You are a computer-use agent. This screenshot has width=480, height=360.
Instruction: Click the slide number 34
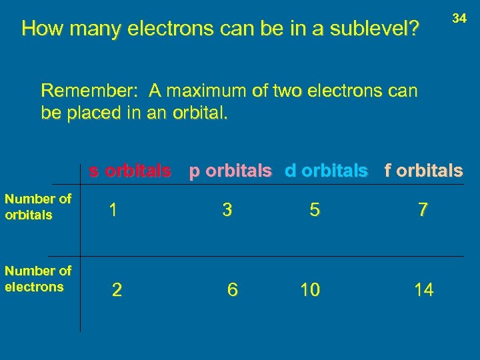click(459, 19)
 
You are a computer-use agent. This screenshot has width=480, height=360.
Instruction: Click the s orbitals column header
click(130, 171)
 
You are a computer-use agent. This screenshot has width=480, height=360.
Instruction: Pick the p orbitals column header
click(230, 171)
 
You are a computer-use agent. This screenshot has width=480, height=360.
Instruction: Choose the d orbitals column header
click(326, 171)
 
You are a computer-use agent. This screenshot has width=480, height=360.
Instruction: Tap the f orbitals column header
click(423, 171)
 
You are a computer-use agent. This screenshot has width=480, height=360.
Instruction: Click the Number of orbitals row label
click(38, 207)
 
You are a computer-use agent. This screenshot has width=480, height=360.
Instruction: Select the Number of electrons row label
click(38, 279)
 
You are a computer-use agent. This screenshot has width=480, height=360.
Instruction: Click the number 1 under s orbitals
click(114, 210)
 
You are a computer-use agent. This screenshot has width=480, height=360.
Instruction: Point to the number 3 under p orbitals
click(227, 210)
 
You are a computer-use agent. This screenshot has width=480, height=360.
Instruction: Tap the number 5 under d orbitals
click(314, 210)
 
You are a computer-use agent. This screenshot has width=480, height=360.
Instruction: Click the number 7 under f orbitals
click(423, 210)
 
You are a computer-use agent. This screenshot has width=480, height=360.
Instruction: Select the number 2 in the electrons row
click(117, 290)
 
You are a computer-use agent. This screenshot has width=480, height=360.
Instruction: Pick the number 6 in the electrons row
click(232, 290)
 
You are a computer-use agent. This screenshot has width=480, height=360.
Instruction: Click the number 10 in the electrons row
click(310, 290)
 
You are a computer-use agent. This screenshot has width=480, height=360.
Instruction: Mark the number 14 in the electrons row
click(423, 290)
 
